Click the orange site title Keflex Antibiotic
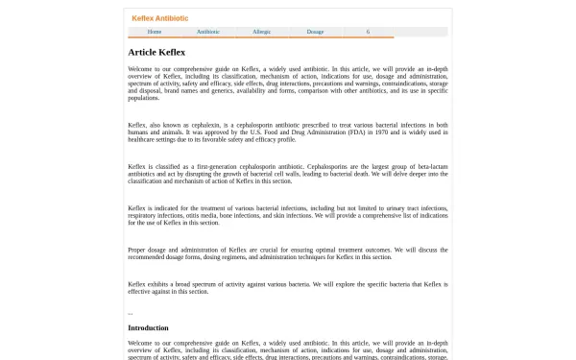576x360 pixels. pyautogui.click(x=159, y=18)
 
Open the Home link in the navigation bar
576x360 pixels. pyautogui.click(x=155, y=32)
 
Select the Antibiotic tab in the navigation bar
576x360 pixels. pyautogui.click(x=208, y=32)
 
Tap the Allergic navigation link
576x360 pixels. pyautogui.click(x=262, y=32)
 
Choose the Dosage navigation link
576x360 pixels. pyautogui.click(x=316, y=32)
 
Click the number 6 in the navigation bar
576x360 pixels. pyautogui.click(x=368, y=32)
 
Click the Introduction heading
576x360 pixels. pyautogui.click(x=148, y=328)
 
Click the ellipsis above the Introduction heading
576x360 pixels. pyautogui.click(x=131, y=313)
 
